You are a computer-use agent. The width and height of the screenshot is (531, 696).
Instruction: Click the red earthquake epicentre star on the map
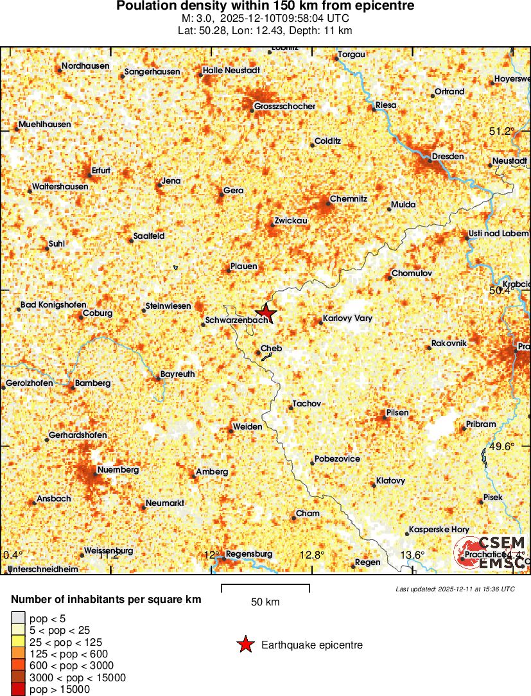click(x=266, y=312)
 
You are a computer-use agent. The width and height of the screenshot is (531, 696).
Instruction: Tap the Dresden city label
click(x=444, y=156)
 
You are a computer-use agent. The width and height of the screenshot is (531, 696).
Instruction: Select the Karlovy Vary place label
click(x=347, y=318)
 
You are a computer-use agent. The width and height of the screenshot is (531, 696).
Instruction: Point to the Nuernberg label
click(x=118, y=470)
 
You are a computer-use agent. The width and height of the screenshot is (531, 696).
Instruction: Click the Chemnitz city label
click(x=348, y=199)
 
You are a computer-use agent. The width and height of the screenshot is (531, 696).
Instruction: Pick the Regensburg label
click(x=249, y=553)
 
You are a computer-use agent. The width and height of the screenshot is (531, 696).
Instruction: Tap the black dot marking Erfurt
click(x=89, y=175)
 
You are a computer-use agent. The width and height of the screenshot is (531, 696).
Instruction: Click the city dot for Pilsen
click(x=385, y=417)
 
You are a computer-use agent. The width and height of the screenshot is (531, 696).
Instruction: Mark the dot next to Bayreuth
click(x=157, y=378)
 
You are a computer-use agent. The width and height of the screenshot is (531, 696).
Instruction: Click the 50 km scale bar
click(x=265, y=588)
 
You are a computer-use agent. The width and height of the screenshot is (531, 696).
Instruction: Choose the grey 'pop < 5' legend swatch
click(x=17, y=618)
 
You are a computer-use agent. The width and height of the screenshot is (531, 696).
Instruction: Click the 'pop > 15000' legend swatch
click(x=17, y=690)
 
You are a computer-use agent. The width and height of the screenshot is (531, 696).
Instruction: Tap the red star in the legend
click(x=245, y=645)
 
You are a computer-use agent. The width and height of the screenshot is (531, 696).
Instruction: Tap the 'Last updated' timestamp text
click(x=455, y=588)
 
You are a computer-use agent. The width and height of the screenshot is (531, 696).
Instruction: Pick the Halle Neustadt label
click(x=231, y=70)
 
